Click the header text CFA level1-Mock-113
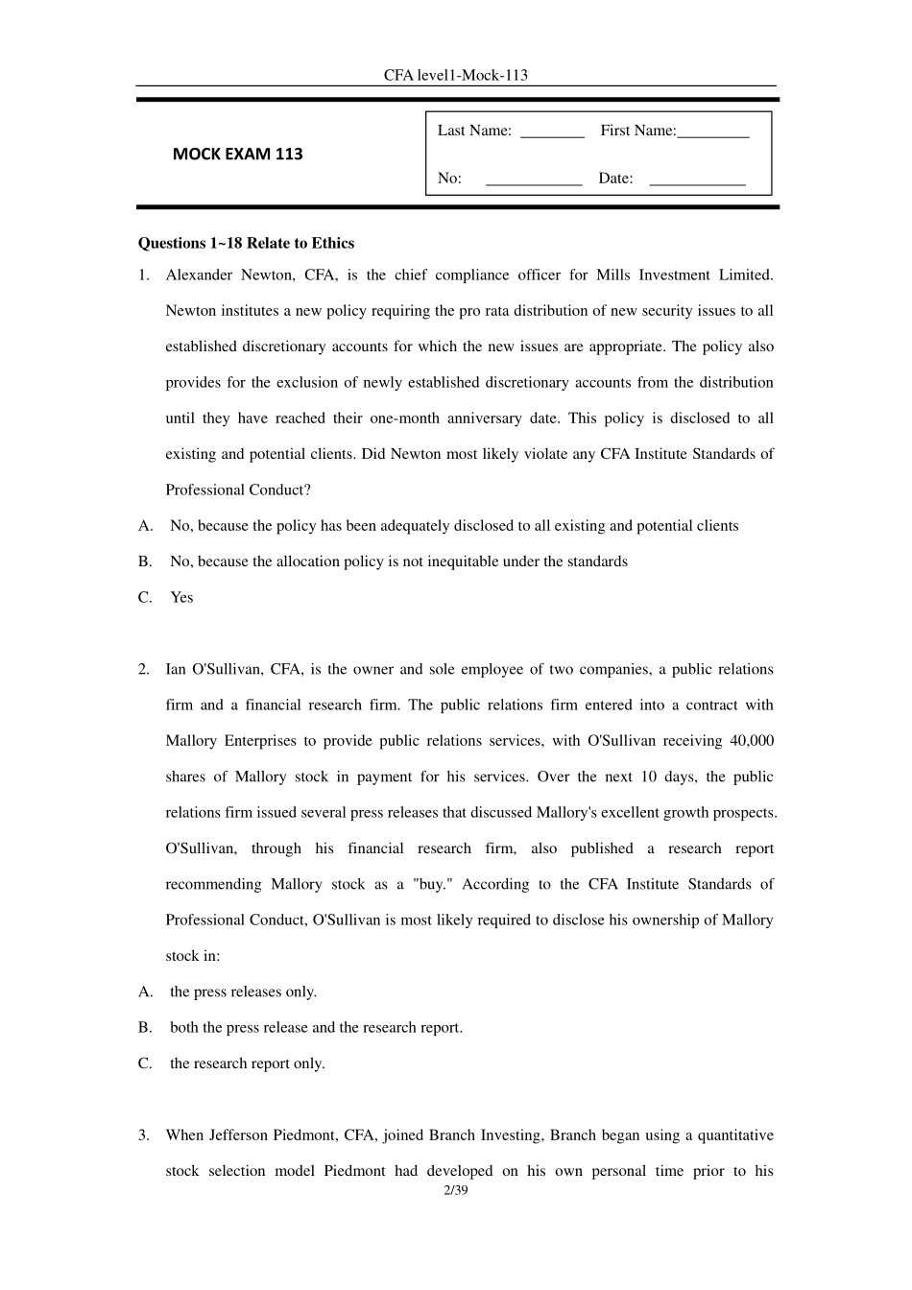point(456,75)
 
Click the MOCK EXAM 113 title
point(237,154)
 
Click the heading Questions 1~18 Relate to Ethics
point(246,243)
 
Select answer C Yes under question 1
point(181,597)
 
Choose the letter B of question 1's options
point(145,561)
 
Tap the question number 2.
point(143,669)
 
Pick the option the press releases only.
point(243,991)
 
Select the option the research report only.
point(247,1063)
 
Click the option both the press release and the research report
point(316,1027)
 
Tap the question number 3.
point(143,1135)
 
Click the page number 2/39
point(455,1191)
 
